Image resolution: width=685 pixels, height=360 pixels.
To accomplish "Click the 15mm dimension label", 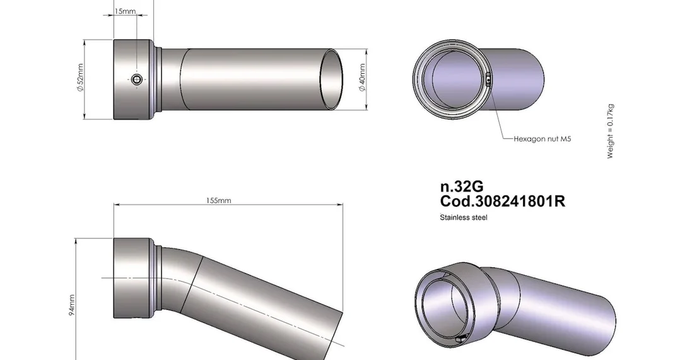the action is click(x=125, y=11).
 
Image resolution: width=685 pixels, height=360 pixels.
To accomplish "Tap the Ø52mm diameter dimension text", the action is click(x=79, y=78).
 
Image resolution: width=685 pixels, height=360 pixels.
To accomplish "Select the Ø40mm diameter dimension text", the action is click(x=361, y=78).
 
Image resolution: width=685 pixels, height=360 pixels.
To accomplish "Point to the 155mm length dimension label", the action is click(x=218, y=200).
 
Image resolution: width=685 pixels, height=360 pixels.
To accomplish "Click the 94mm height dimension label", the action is click(x=72, y=305).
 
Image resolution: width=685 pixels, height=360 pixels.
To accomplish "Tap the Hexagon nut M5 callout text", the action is click(x=542, y=139).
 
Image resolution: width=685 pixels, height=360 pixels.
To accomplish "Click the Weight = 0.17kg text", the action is click(x=611, y=131).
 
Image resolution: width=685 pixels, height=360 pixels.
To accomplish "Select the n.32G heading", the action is click(x=462, y=187).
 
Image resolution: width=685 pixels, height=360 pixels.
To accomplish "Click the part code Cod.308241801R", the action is click(x=502, y=201).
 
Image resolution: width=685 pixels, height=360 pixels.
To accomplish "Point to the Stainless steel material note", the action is click(x=464, y=217).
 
